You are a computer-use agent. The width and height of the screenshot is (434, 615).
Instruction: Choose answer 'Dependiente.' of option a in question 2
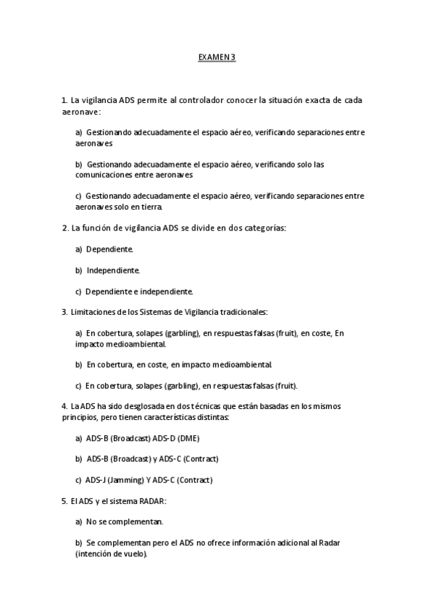pos(109,249)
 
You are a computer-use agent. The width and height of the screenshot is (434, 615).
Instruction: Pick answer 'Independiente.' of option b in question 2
pos(113,270)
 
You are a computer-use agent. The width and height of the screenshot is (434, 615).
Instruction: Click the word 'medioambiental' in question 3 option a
pos(140,344)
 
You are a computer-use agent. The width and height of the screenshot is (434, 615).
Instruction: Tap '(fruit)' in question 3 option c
pos(281,386)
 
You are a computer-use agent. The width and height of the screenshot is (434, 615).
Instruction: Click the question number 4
pos(64,407)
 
